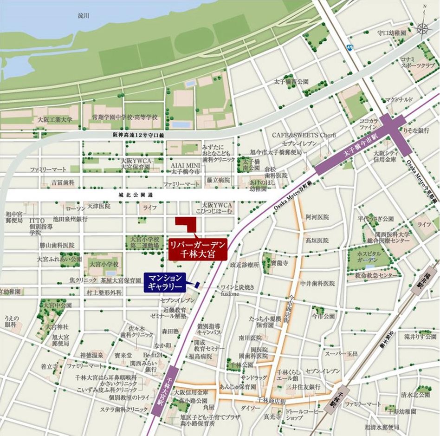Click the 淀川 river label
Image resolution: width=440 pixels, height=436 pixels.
point(84,15)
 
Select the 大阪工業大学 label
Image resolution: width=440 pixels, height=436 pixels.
point(55,119)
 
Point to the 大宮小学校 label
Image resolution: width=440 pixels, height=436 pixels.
point(104,264)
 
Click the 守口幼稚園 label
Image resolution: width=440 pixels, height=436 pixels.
point(391,33)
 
